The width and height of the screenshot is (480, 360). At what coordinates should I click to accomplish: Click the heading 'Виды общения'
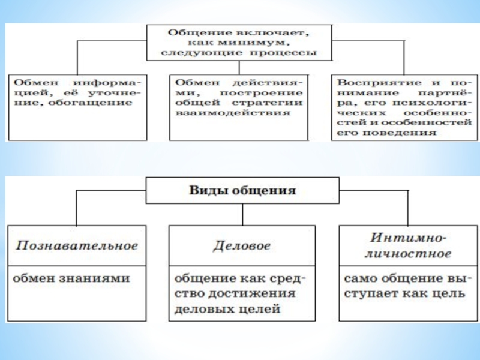tap(243, 191)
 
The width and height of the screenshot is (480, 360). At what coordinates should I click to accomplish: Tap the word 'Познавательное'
tap(77, 245)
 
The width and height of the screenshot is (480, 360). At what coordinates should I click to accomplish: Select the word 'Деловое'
tap(242, 245)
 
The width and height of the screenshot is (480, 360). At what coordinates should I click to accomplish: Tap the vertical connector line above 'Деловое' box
tap(242, 214)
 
